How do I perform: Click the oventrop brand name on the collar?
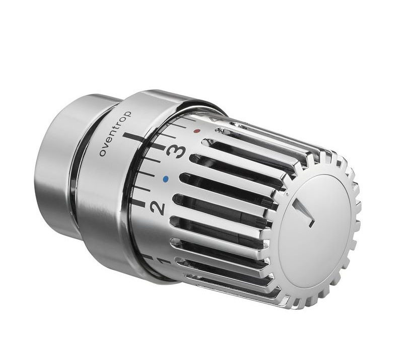(x=115, y=133)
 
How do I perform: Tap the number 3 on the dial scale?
(x=176, y=151)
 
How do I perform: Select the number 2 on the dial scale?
(x=157, y=208)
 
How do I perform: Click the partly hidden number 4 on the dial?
(x=213, y=119)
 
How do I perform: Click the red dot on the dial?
(x=197, y=131)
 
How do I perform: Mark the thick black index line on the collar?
(x=134, y=138)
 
